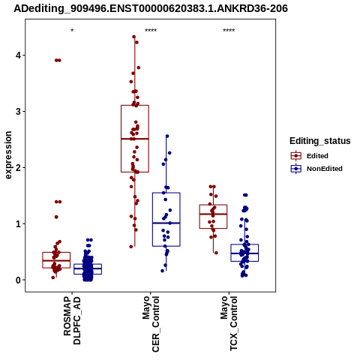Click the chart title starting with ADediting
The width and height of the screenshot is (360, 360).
(151, 8)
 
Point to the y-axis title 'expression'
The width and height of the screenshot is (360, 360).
(8, 155)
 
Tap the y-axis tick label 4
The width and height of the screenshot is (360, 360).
(18, 55)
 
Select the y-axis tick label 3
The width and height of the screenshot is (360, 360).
(18, 112)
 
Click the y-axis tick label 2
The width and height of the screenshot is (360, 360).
(18, 168)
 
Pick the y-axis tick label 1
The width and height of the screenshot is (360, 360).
(18, 224)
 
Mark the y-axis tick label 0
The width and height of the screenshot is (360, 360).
(18, 280)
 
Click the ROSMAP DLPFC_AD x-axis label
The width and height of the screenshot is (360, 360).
(72, 320)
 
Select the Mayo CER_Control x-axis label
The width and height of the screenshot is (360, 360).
(151, 324)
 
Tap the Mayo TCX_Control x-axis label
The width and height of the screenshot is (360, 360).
(229, 323)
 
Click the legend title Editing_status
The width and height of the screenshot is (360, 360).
(320, 141)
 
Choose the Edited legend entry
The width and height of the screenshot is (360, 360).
(310, 156)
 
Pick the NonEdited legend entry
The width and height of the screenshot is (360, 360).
(316, 169)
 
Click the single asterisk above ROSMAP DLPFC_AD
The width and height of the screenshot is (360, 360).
(72, 31)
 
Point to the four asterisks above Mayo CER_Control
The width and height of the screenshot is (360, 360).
(151, 31)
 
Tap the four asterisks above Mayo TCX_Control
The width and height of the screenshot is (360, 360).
(229, 31)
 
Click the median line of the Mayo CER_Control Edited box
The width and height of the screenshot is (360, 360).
(135, 139)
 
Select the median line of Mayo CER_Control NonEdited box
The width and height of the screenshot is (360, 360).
(166, 223)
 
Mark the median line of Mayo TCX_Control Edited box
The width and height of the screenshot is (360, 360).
(213, 214)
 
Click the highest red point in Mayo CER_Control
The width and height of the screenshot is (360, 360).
(134, 37)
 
